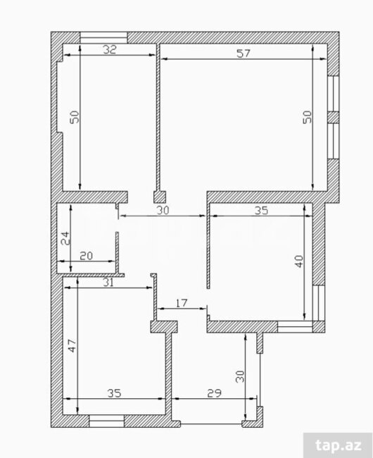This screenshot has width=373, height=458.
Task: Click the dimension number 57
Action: click(x=244, y=54)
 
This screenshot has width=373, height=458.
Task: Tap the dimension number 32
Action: click(x=110, y=49)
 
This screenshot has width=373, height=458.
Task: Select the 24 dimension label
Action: click(x=65, y=238)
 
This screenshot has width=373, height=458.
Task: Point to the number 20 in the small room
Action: click(x=86, y=256)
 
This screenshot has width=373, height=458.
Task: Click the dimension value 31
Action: click(x=108, y=283)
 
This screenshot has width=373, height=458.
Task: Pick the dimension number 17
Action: click(x=182, y=303)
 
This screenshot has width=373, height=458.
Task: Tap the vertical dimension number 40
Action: click(x=299, y=261)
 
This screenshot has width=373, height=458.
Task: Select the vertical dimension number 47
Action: click(x=72, y=345)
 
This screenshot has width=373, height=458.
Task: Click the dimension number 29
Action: click(x=214, y=393)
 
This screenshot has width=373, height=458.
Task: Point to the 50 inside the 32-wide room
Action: click(x=75, y=117)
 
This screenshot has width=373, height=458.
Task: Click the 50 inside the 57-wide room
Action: click(x=307, y=117)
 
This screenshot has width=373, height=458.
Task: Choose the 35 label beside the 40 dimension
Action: click(x=261, y=210)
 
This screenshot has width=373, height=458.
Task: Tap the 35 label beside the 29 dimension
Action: click(x=114, y=393)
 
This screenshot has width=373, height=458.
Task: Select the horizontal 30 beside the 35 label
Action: click(x=163, y=210)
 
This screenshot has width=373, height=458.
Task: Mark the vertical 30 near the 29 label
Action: click(x=240, y=376)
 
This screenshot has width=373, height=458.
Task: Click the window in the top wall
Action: click(x=103, y=37)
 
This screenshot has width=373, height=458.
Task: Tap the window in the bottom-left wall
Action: click(x=106, y=421)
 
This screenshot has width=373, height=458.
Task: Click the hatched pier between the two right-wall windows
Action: click(x=334, y=118)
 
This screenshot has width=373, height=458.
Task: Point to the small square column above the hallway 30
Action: click(x=160, y=197)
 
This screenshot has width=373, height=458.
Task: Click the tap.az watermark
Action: click(x=339, y=445)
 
